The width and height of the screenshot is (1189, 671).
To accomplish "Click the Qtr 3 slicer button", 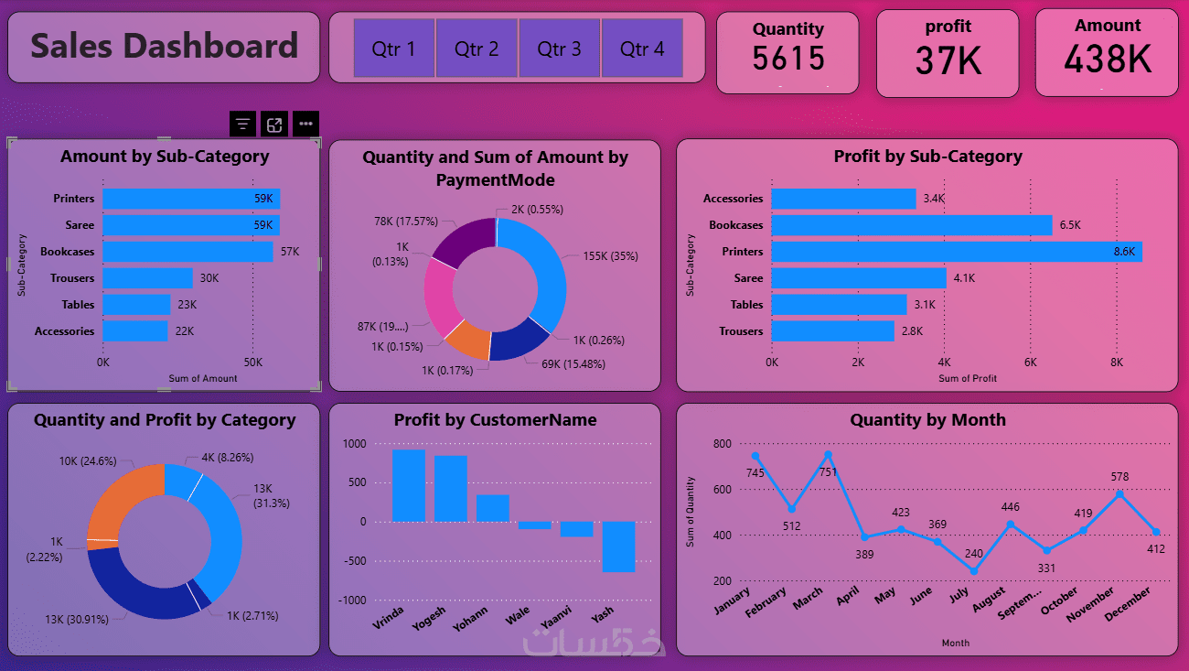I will pyautogui.click(x=559, y=49).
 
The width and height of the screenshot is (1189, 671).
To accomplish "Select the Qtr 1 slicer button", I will pyautogui.click(x=394, y=49).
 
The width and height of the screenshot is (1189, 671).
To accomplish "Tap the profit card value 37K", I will pyautogui.click(x=948, y=61).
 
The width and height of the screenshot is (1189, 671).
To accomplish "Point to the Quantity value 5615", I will pyautogui.click(x=788, y=59).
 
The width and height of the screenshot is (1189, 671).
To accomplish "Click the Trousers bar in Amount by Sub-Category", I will pyautogui.click(x=147, y=278).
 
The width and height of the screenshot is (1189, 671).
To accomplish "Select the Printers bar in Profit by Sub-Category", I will pyautogui.click(x=956, y=252).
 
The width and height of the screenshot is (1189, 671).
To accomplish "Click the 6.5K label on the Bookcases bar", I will pyautogui.click(x=1070, y=225).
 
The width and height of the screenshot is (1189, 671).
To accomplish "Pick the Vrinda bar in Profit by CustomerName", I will pyautogui.click(x=409, y=485).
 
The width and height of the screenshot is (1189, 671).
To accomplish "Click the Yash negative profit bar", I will pyautogui.click(x=618, y=547).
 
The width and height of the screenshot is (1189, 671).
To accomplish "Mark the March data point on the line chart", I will pyautogui.click(x=828, y=455).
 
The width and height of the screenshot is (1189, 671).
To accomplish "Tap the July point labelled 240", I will pyautogui.click(x=974, y=571).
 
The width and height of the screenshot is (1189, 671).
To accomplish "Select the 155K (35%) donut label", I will pyautogui.click(x=610, y=256).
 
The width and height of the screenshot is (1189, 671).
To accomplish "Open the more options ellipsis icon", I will pyautogui.click(x=305, y=124).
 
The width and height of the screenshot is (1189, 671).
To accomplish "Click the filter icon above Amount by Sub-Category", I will pyautogui.click(x=242, y=124).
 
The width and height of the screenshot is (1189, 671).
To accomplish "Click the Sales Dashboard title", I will pyautogui.click(x=165, y=46).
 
